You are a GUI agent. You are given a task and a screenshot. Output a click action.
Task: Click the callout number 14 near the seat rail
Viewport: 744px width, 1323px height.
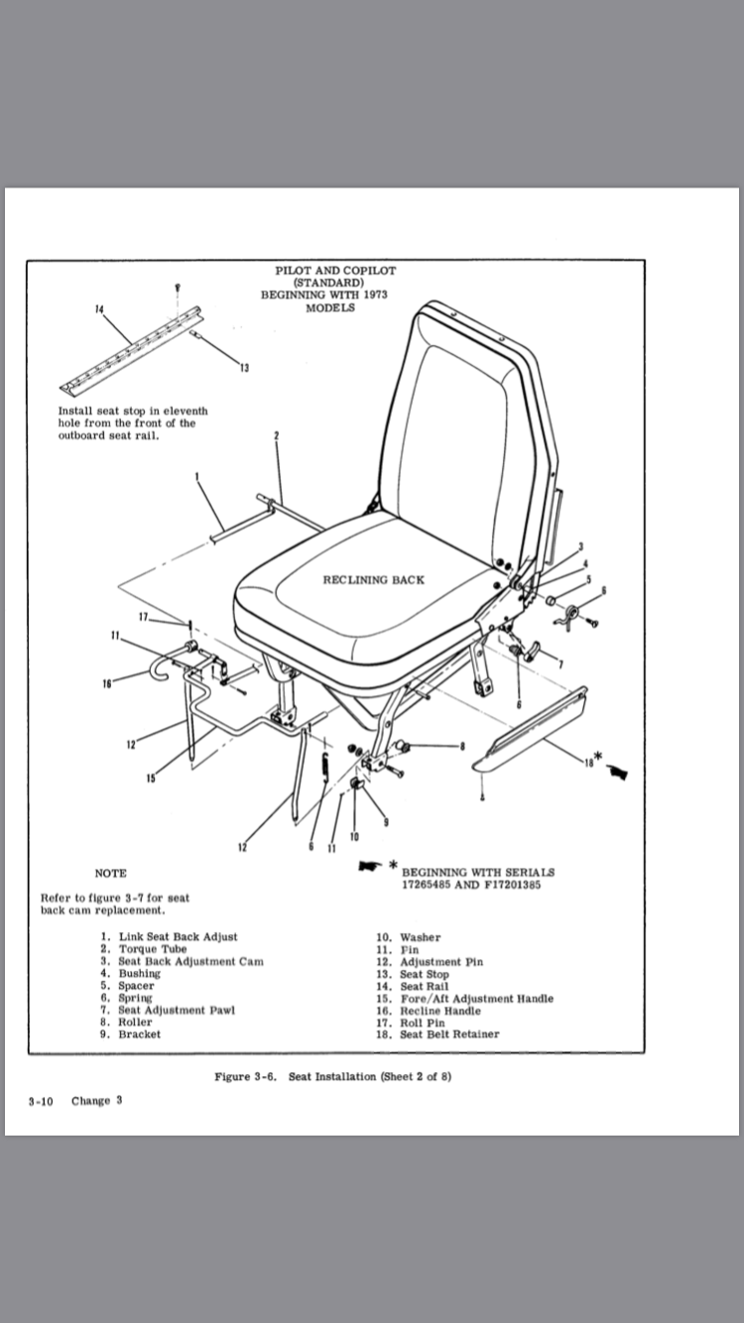[x=98, y=308]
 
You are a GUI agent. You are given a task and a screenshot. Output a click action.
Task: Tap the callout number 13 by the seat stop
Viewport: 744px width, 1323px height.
[x=244, y=368]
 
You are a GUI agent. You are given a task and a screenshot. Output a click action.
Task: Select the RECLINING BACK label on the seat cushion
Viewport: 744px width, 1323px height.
[x=373, y=580]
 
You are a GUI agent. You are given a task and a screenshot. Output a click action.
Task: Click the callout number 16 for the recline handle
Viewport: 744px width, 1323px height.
[x=105, y=683]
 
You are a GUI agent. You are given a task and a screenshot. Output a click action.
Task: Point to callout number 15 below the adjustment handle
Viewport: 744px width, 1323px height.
[x=150, y=778]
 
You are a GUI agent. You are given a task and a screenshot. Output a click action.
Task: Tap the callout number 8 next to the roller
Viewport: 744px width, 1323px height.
[x=461, y=746]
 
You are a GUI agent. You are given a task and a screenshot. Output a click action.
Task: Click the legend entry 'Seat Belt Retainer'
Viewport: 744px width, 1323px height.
[x=449, y=1034]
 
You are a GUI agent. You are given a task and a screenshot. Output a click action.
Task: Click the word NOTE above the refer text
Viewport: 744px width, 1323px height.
[x=110, y=874]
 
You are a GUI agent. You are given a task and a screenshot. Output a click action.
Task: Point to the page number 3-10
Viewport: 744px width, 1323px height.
[x=41, y=1101]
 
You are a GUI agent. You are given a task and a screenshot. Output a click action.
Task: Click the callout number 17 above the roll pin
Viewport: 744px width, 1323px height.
[x=144, y=617]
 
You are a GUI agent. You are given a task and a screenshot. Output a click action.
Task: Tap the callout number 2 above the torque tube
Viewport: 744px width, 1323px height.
[x=276, y=436]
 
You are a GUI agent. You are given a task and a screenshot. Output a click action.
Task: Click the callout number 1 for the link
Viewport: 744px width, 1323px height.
[x=197, y=476]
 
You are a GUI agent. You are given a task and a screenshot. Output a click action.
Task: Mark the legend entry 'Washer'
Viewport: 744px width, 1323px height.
[x=420, y=937]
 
